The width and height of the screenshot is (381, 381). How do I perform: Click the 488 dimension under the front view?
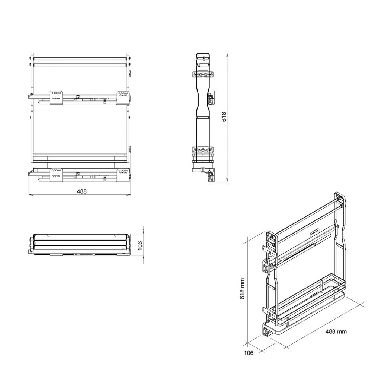point(81,191)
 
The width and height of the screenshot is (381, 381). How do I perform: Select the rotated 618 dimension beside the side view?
point(224,117)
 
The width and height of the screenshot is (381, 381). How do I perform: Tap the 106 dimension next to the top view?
point(140,245)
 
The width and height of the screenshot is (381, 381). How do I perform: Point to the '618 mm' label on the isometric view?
point(242,289)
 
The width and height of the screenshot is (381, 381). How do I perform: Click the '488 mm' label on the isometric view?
point(336,331)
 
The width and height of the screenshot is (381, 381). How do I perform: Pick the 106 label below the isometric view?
point(249,353)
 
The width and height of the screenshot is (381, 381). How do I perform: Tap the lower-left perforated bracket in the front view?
point(56,173)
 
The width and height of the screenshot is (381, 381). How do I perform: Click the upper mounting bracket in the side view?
point(203,74)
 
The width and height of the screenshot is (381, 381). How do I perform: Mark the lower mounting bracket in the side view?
point(203,150)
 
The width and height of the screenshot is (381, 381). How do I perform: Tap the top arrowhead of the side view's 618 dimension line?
point(227,54)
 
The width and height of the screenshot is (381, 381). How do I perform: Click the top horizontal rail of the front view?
point(80,59)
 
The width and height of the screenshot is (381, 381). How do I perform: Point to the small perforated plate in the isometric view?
point(315,232)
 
